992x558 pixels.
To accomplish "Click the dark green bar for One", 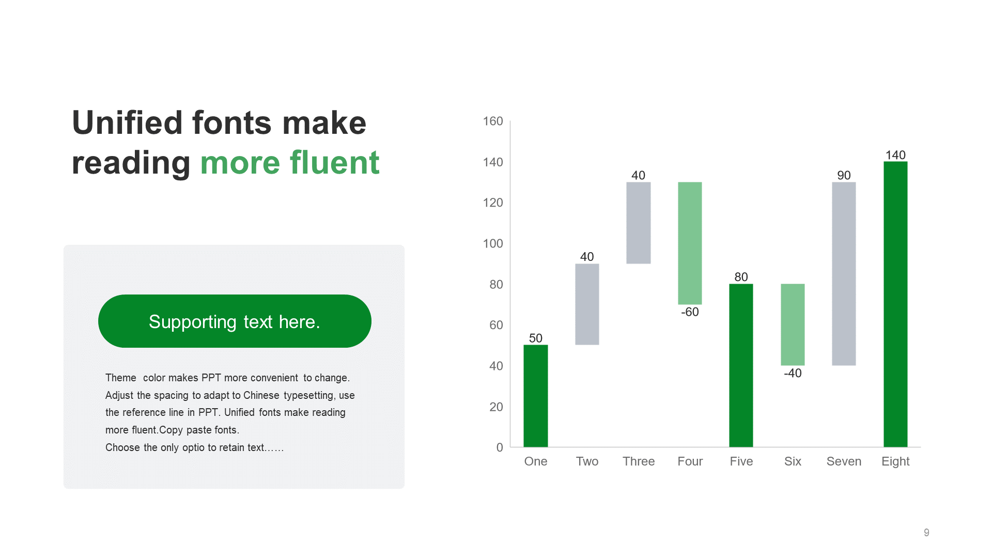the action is tap(536, 396).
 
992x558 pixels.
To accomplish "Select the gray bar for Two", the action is tap(587, 304).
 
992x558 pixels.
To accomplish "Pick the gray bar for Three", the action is tap(639, 223).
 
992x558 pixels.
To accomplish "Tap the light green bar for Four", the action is tap(690, 243).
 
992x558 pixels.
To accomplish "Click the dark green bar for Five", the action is tap(741, 365).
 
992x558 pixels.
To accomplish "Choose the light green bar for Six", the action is tap(793, 324).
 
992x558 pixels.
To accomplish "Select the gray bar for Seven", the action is tap(844, 274).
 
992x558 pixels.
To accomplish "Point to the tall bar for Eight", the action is tap(895, 304).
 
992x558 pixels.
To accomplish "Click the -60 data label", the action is tap(690, 312).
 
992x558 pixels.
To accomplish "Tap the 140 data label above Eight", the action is tap(895, 155).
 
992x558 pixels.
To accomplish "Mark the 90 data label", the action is tap(844, 175).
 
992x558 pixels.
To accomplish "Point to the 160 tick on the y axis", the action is tap(493, 121).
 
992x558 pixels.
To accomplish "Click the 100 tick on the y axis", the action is tap(493, 243).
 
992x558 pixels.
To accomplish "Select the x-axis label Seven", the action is tap(844, 461).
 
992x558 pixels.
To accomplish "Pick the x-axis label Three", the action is tap(639, 461).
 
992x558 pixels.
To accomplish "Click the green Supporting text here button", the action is tap(235, 321).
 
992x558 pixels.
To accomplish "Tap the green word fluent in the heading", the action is tap(334, 162).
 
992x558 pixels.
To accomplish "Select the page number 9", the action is tap(926, 532).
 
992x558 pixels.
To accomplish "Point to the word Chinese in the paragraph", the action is tap(261, 395).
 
